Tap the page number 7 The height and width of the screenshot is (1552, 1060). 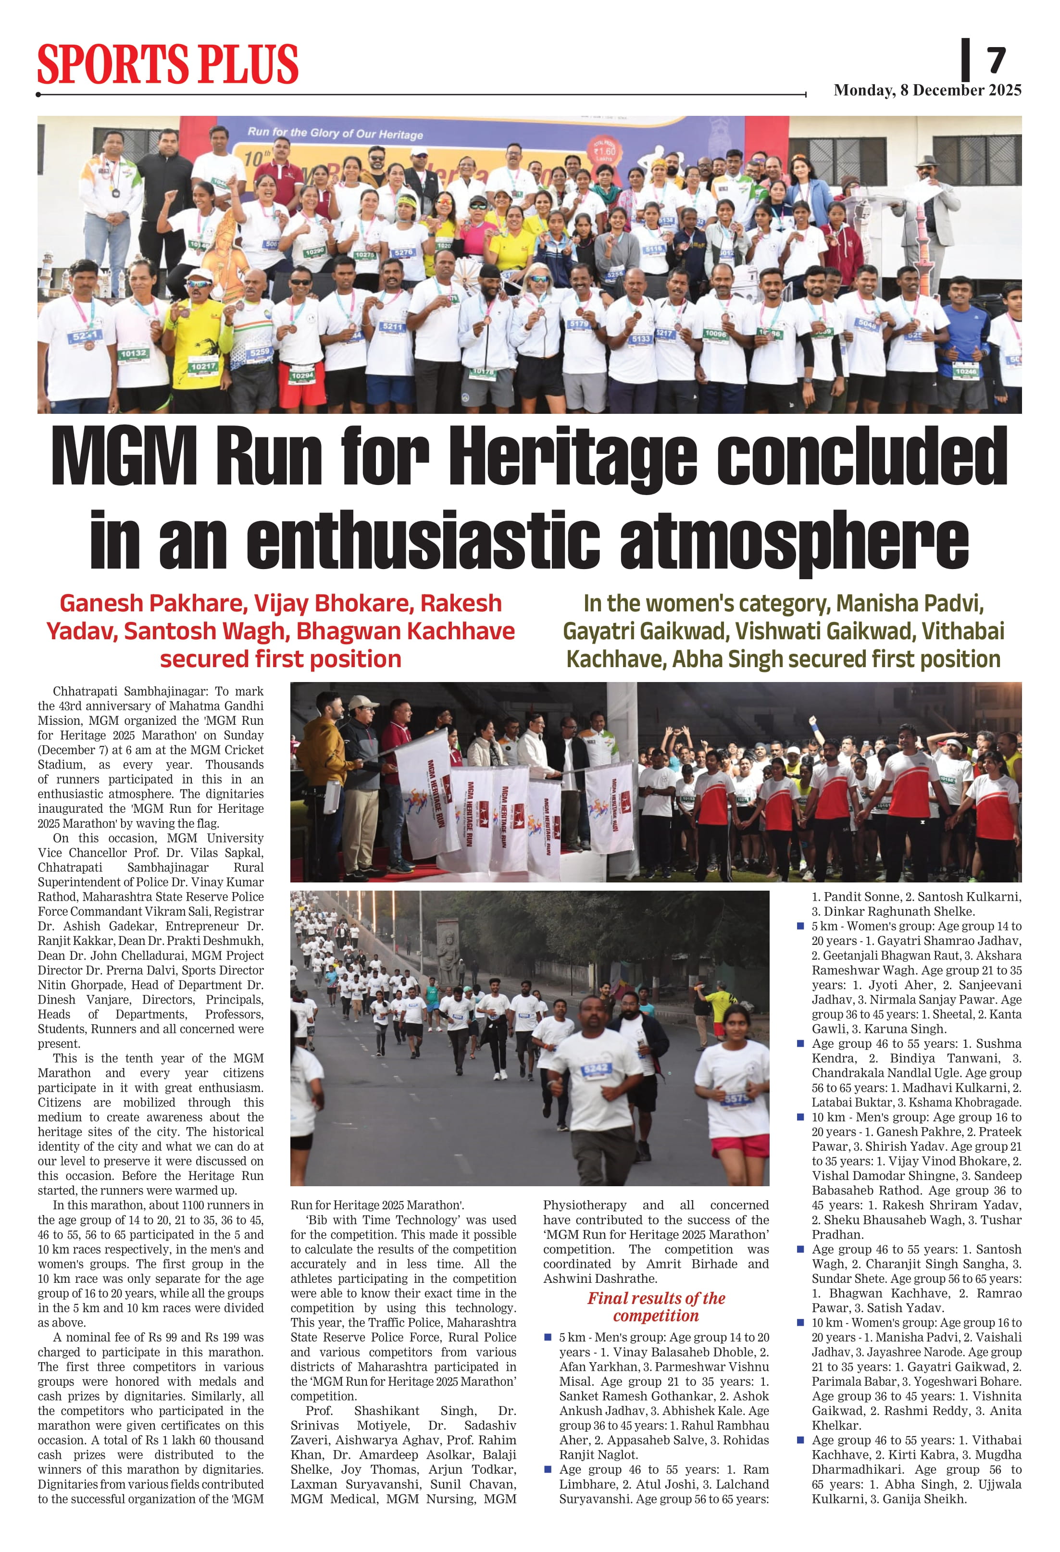(995, 61)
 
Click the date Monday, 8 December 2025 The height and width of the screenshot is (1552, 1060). (927, 90)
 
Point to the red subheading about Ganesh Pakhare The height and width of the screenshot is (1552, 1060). (281, 631)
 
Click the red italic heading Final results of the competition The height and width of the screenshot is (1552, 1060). (656, 1306)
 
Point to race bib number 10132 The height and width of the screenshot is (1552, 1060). (134, 353)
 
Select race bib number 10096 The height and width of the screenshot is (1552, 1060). (715, 333)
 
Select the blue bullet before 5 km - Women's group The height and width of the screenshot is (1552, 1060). (800, 926)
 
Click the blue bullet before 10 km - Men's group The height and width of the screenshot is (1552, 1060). (800, 1117)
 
